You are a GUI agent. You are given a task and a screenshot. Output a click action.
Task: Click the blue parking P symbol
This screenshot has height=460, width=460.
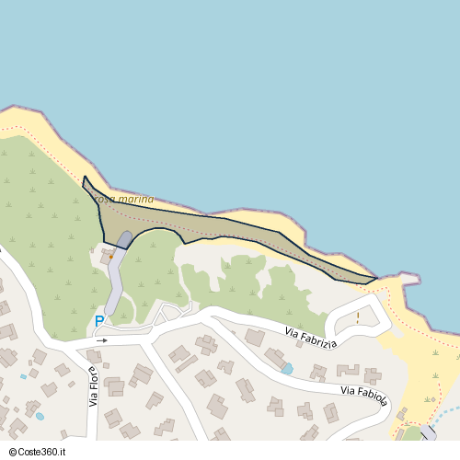tap(99, 322)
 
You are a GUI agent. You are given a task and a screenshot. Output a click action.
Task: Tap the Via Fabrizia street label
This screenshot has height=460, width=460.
tap(310, 338)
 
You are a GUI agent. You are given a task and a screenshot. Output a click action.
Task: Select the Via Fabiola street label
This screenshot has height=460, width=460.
tap(363, 397)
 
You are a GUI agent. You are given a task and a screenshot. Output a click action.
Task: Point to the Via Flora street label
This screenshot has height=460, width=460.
tap(93, 386)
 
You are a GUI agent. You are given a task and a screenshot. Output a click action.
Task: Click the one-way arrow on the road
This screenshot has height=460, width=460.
tap(101, 340)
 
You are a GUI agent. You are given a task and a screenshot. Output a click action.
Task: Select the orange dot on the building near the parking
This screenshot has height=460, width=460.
tap(111, 258)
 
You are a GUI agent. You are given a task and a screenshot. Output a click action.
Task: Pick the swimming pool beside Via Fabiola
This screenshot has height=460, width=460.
tap(287, 368)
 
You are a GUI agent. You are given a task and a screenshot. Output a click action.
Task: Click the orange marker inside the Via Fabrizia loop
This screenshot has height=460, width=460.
tap(358, 318)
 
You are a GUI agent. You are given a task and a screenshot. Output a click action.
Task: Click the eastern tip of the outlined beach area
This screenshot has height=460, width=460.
tap(375, 278)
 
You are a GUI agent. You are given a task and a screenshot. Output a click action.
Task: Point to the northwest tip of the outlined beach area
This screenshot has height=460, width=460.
tap(85, 178)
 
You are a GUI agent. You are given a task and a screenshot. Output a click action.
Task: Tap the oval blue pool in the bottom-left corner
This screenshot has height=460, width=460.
tap(40, 417)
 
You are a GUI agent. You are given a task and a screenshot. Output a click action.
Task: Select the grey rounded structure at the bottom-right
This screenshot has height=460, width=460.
tap(428, 432)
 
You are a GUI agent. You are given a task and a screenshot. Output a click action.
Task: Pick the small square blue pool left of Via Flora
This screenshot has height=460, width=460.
tap(24, 376)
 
